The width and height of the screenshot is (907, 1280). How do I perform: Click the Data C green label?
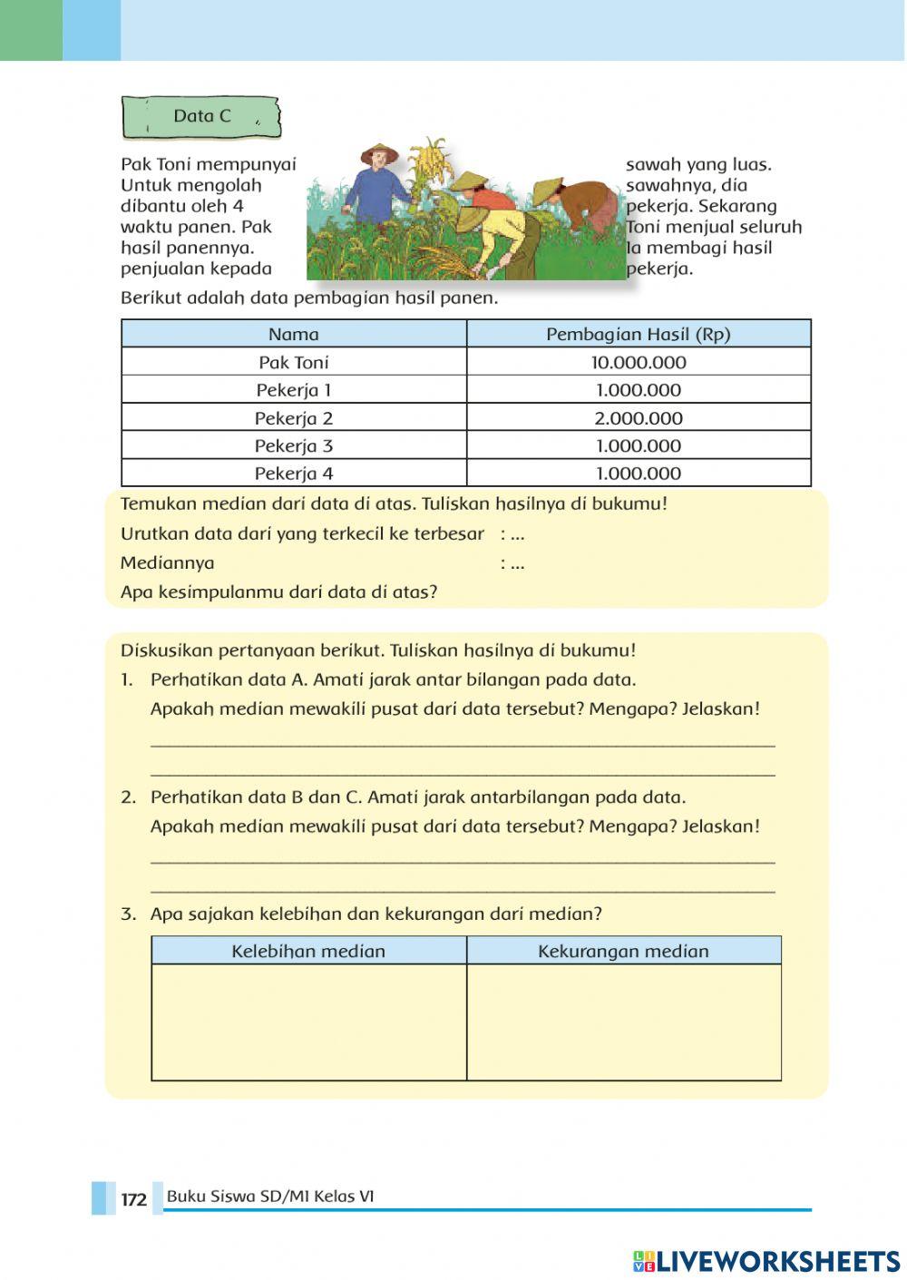[201, 117]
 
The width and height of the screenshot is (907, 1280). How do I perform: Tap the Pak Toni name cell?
[294, 363]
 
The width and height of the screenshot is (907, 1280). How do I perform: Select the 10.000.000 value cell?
[639, 363]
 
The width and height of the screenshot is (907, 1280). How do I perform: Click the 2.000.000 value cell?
[639, 418]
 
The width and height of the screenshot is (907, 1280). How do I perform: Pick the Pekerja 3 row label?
[294, 446]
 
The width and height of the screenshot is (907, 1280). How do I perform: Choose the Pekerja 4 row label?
[294, 474]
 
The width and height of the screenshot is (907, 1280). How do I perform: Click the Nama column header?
[294, 334]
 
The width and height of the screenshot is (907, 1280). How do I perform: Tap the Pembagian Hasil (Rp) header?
[639, 334]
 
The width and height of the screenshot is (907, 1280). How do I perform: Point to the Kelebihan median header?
[308, 951]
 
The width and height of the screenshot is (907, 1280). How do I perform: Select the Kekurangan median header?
[623, 951]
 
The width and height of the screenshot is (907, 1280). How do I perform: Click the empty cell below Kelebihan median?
[308, 1021]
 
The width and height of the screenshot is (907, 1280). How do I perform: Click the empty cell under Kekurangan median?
[623, 1021]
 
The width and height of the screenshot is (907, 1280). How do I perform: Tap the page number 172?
[133, 1199]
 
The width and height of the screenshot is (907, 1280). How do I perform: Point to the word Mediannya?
[168, 563]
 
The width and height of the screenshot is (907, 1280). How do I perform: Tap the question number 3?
[128, 914]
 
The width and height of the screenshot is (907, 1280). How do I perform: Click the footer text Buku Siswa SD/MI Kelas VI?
[270, 1197]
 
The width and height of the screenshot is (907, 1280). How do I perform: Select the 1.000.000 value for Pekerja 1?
[639, 390]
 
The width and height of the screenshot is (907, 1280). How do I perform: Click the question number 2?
[128, 797]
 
